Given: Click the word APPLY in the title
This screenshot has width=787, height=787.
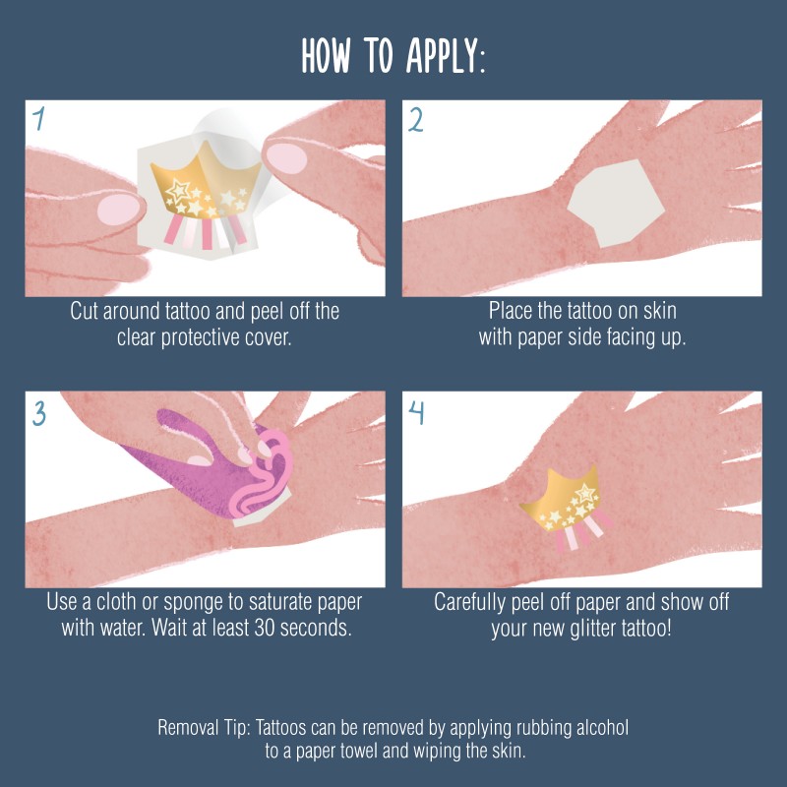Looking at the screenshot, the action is [446, 56].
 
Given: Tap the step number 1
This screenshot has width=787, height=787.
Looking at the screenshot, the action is [38, 118].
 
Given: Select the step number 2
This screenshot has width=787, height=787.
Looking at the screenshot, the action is [415, 120].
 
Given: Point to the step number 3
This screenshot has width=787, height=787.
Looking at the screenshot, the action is [39, 413].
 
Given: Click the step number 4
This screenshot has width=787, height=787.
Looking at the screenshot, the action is [416, 413].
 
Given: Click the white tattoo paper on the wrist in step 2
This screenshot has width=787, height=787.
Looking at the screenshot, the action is [617, 203].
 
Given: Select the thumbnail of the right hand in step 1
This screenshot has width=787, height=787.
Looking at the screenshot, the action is [286, 158].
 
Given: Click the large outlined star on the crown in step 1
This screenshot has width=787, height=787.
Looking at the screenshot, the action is [178, 191].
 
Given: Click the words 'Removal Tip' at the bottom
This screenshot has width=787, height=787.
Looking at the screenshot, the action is [204, 728].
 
